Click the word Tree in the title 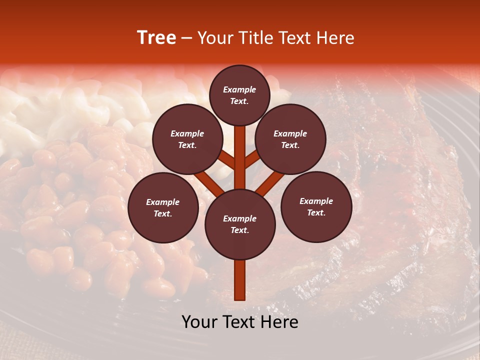(x=156, y=38)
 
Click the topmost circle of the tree (x=239, y=95)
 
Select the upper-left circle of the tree (x=187, y=139)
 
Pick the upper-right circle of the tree (x=290, y=139)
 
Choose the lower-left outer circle (x=163, y=207)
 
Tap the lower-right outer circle (x=316, y=206)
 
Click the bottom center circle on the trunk (x=240, y=224)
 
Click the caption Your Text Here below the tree (x=240, y=322)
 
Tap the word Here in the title (x=336, y=38)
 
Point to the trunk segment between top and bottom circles (x=240, y=157)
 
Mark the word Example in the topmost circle (x=239, y=89)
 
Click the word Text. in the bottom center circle (x=239, y=230)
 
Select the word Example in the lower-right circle (x=316, y=201)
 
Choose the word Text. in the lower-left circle (x=163, y=214)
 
